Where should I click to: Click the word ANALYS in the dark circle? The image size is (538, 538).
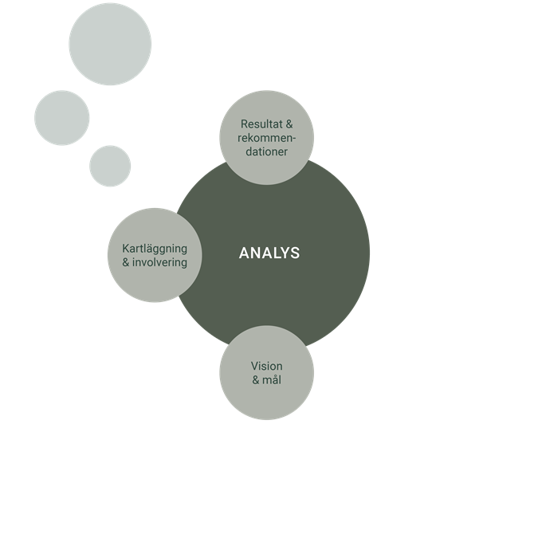tap(269, 253)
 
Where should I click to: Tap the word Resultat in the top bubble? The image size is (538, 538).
tap(261, 124)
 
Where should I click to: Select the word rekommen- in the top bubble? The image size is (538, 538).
tap(266, 138)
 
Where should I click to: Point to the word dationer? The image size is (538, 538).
tap(266, 151)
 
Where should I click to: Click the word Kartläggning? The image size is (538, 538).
tap(155, 249)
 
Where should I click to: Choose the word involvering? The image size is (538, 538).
tap(159, 262)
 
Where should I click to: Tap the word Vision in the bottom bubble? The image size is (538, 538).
tap(266, 366)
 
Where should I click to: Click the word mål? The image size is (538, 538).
tap(272, 380)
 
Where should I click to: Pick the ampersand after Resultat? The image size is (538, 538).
tap(289, 124)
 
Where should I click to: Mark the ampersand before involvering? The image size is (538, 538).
tap(126, 263)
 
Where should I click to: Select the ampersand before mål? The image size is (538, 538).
tap(256, 380)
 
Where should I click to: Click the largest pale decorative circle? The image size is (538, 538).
tap(110, 44)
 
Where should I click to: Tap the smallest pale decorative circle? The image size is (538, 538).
tap(110, 166)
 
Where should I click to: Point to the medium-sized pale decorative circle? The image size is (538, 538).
tap(62, 118)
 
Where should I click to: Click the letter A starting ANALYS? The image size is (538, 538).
tap(245, 253)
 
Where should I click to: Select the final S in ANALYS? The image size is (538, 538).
tap(295, 253)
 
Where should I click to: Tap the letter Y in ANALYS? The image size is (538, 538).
tap(284, 253)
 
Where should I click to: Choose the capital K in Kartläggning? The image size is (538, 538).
tap(126, 249)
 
